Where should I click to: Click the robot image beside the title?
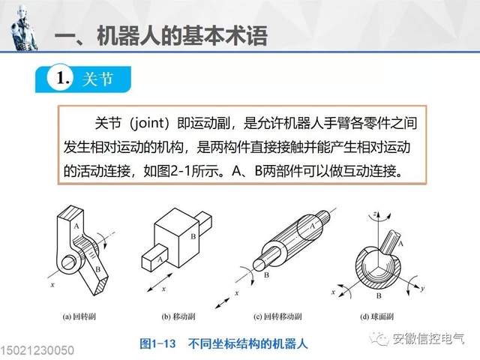pyautogui.click(x=24, y=28)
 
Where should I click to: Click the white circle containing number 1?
pyautogui.click(x=61, y=77)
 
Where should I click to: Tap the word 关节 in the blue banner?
pyautogui.click(x=98, y=79)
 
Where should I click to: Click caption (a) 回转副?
pyautogui.click(x=79, y=316)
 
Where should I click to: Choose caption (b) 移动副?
pyautogui.click(x=178, y=316)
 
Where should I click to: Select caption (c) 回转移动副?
pyautogui.click(x=277, y=316)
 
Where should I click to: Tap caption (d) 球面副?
pyautogui.click(x=376, y=316)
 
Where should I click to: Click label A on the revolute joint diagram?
pyautogui.click(x=76, y=226)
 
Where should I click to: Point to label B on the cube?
pyautogui.click(x=193, y=236)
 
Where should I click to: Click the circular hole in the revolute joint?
pyautogui.click(x=68, y=262)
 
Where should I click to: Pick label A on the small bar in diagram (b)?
pyautogui.click(x=160, y=259)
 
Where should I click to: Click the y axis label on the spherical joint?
pyautogui.click(x=422, y=288)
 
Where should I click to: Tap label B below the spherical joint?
pyautogui.click(x=379, y=295)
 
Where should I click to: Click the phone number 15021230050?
pyautogui.click(x=37, y=351)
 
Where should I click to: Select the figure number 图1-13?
pyautogui.click(x=157, y=343)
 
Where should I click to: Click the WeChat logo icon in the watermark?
pyautogui.click(x=379, y=339)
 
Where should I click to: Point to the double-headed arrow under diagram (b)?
pyautogui.click(x=160, y=283)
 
